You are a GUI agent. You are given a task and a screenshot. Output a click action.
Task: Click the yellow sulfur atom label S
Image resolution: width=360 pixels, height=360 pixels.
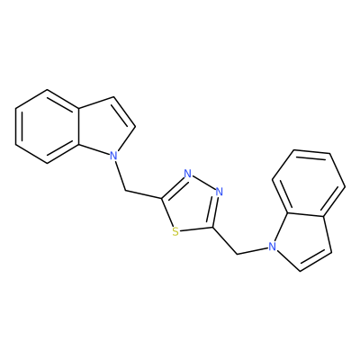point(175,231)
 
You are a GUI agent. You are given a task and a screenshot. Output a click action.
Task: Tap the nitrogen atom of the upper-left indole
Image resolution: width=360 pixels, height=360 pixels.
point(112,156)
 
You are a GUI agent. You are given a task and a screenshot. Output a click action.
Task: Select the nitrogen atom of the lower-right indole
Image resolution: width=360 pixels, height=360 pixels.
point(272,247)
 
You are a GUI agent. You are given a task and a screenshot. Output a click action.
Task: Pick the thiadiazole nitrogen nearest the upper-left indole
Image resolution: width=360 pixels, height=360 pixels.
point(188,174)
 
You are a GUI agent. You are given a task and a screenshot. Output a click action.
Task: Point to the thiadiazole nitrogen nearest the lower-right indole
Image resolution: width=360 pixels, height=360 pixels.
point(220,192)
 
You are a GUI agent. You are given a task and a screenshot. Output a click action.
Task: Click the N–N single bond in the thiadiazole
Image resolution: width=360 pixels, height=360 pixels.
point(203,183)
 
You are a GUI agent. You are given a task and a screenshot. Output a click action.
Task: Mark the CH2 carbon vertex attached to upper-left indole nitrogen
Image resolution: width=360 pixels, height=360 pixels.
point(125,191)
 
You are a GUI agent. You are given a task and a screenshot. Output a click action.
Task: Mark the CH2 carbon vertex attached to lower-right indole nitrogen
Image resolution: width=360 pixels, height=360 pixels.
point(238,255)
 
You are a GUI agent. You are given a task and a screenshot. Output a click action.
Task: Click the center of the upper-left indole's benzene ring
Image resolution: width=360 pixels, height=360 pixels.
point(47,126)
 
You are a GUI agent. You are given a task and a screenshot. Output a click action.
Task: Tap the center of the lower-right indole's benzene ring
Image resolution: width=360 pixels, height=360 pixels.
point(309,183)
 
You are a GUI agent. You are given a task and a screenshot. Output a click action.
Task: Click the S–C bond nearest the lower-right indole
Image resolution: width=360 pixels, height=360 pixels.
point(196,229)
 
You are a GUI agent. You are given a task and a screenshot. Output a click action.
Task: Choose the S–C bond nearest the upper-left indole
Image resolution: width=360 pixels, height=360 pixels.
point(167,212)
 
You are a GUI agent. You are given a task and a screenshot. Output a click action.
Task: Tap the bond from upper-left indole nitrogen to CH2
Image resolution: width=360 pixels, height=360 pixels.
point(120,175)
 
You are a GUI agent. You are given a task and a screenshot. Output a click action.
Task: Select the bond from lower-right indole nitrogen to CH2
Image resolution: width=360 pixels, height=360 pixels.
point(253,251)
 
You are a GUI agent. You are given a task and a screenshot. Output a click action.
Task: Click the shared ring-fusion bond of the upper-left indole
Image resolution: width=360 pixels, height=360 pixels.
point(78,126)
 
